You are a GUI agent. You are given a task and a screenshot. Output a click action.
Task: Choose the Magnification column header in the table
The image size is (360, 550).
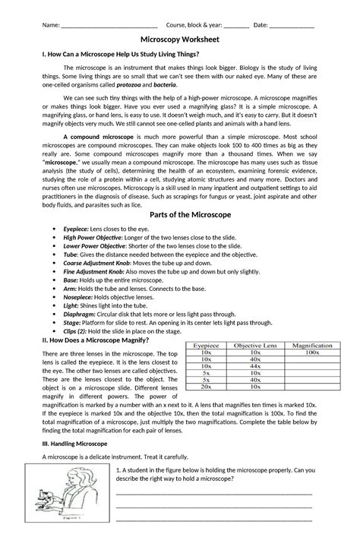click(308, 346)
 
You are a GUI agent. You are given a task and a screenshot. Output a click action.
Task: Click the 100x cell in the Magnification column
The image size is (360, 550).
click(308, 353)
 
